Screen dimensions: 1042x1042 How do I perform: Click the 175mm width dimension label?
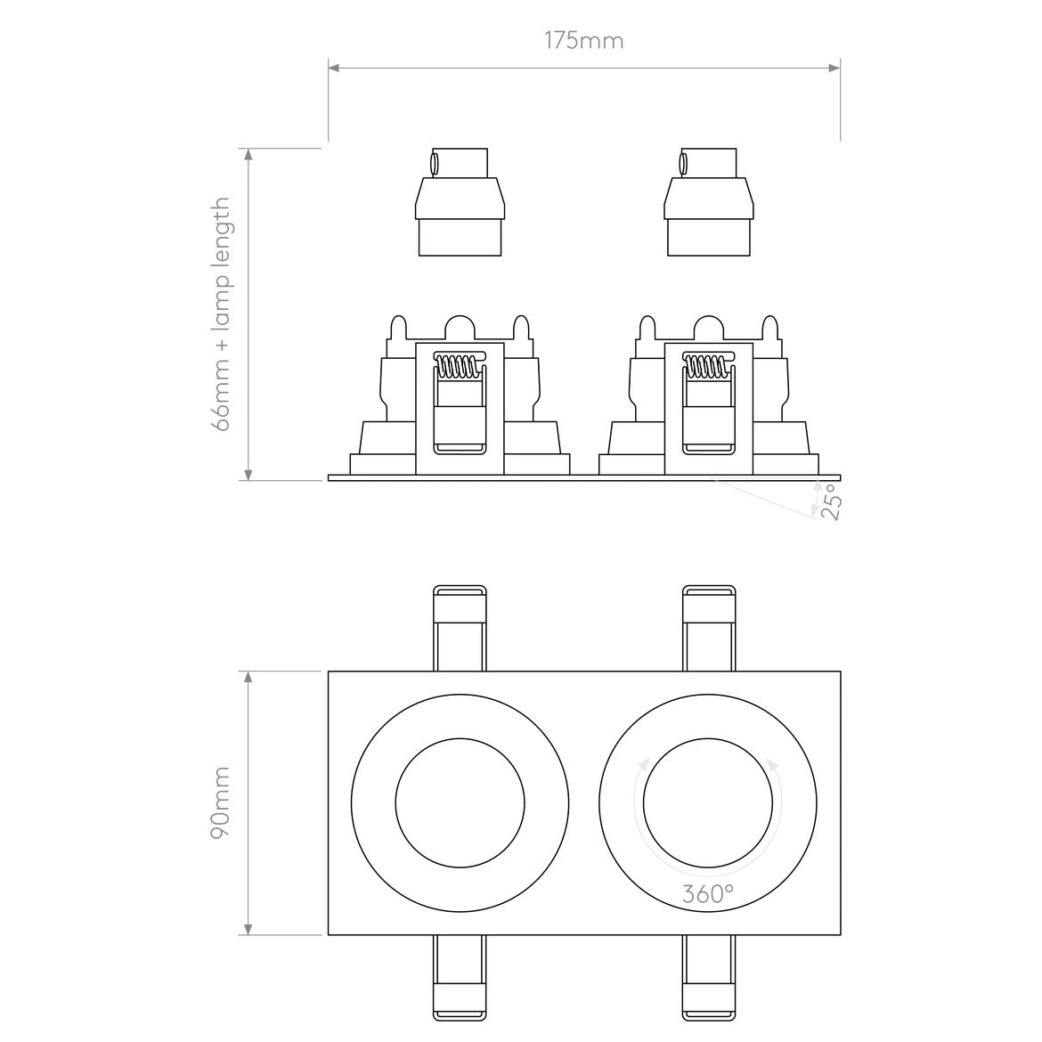pyautogui.click(x=583, y=41)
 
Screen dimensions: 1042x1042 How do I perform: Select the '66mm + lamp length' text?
pyautogui.click(x=221, y=314)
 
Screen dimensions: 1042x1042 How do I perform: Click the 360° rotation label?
pyautogui.click(x=708, y=894)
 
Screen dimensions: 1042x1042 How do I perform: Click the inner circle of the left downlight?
pyautogui.click(x=459, y=802)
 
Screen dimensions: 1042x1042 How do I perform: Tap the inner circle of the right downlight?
pyautogui.click(x=708, y=802)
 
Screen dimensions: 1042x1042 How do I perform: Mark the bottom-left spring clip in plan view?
pyautogui.click(x=460, y=978)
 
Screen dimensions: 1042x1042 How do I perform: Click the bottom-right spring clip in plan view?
pyautogui.click(x=709, y=978)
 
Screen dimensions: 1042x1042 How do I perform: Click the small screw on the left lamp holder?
pyautogui.click(x=434, y=164)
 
